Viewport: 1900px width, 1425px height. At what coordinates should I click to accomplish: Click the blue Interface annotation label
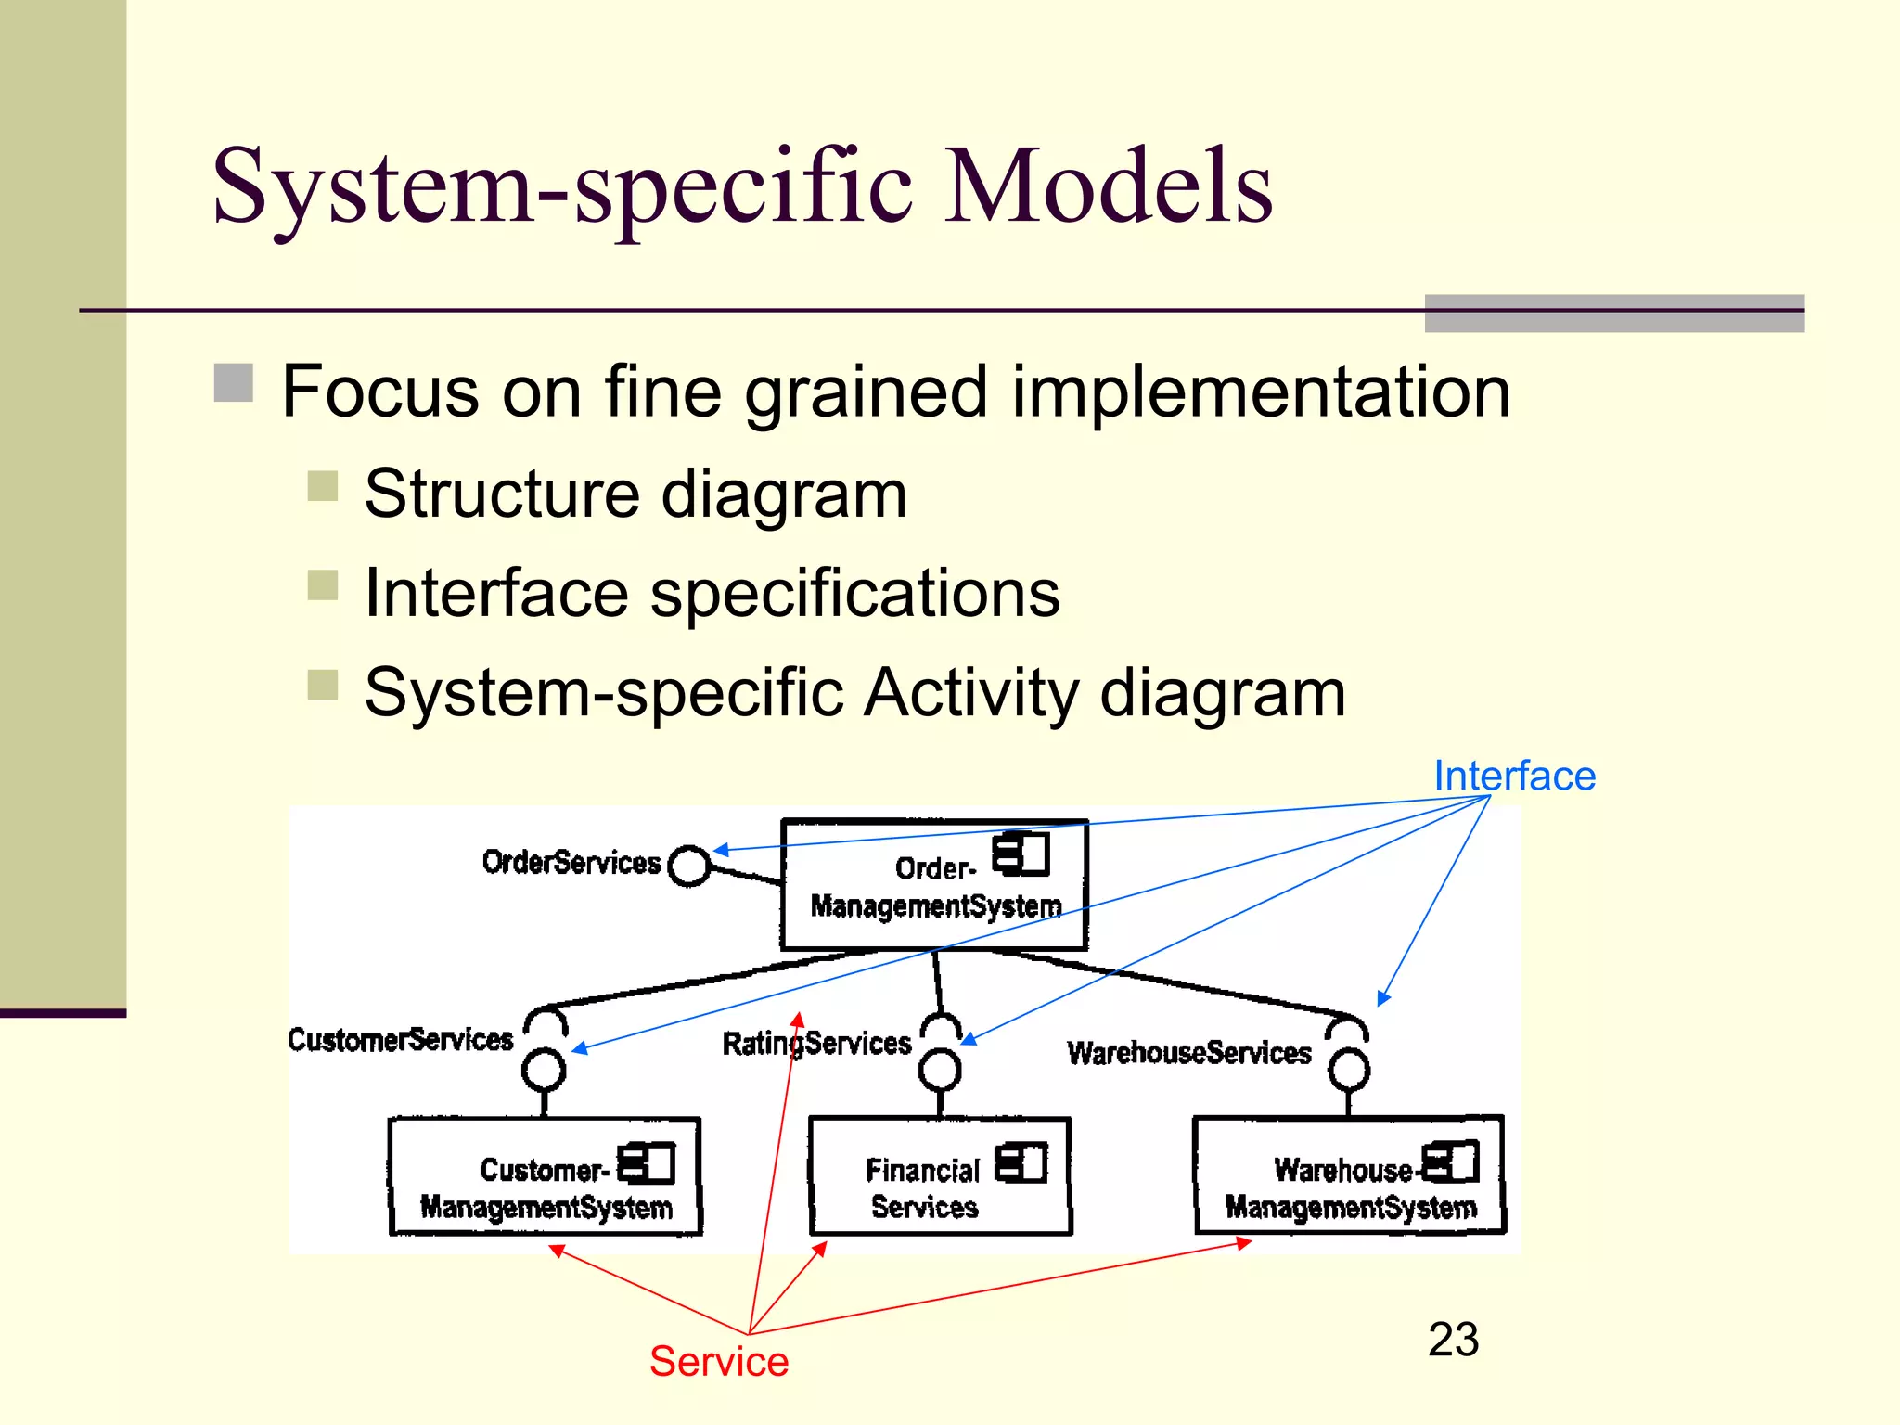click(x=1514, y=776)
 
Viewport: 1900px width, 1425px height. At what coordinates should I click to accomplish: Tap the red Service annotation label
click(x=718, y=1361)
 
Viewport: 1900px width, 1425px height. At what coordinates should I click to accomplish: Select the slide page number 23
click(x=1453, y=1339)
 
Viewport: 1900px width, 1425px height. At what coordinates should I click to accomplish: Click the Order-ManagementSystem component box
click(x=933, y=886)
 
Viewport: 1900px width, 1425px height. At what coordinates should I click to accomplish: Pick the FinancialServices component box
click(x=940, y=1176)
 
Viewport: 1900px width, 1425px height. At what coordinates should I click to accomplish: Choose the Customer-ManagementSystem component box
click(x=545, y=1177)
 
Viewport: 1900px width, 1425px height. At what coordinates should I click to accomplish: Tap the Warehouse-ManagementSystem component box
click(x=1349, y=1175)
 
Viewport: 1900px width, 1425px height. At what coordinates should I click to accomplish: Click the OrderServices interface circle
click(x=689, y=866)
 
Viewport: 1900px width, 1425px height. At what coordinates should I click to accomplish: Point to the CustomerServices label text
click(x=400, y=1040)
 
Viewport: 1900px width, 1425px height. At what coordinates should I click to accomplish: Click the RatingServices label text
click(x=816, y=1044)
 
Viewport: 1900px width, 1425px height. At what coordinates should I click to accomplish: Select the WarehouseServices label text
click(x=1189, y=1053)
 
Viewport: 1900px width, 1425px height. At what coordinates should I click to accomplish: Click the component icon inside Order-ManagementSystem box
click(x=1021, y=854)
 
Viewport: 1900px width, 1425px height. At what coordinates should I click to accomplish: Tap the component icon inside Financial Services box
click(x=1021, y=1162)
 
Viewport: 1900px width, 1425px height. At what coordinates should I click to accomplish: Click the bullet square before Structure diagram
click(x=323, y=486)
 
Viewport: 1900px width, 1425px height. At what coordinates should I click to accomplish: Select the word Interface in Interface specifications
click(x=496, y=594)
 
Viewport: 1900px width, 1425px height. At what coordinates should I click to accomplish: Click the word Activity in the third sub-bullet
click(x=970, y=693)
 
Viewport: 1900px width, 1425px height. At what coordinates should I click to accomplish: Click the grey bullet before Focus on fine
click(x=234, y=383)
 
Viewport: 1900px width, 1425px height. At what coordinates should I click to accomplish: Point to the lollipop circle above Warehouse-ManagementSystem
click(x=1348, y=1071)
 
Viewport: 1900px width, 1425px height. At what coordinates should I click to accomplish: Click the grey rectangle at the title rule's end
click(x=1614, y=314)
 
